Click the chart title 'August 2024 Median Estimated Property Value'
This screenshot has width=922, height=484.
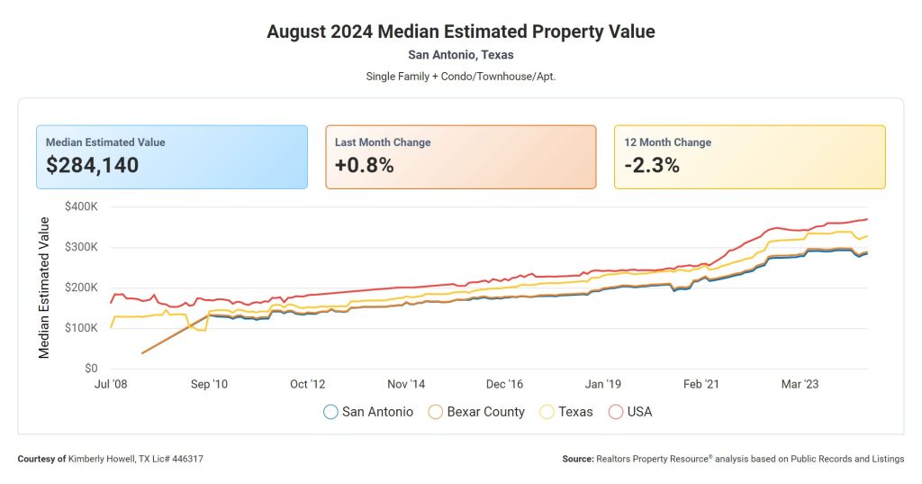(x=460, y=32)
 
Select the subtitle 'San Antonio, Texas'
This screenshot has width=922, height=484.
(x=460, y=55)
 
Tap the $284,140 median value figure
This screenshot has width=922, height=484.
(x=92, y=165)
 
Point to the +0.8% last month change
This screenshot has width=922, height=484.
(x=364, y=165)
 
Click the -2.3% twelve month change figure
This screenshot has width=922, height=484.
(x=651, y=165)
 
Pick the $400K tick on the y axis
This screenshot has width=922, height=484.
(x=81, y=206)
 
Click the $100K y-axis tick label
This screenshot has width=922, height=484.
(x=81, y=328)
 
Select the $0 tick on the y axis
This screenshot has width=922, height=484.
(x=90, y=369)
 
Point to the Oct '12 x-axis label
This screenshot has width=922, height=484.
(x=307, y=385)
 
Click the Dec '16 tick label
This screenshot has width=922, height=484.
(x=503, y=385)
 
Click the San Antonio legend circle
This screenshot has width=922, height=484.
(x=330, y=412)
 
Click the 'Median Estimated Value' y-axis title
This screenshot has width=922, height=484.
(x=44, y=288)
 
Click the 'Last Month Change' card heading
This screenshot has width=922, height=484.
(x=383, y=142)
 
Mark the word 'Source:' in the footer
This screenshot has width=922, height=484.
(x=577, y=459)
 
